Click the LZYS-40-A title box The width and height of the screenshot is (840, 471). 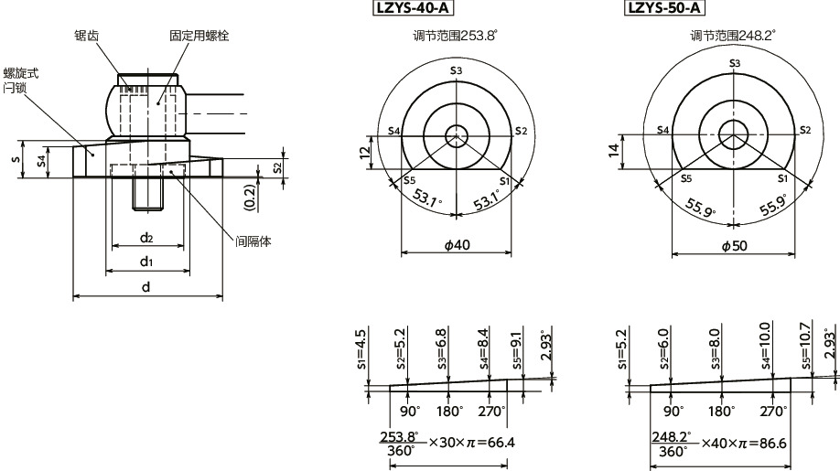[x=413, y=9]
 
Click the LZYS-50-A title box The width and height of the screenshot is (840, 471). [x=664, y=9]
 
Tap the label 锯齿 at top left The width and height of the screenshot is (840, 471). [x=88, y=36]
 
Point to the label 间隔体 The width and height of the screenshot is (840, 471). [x=253, y=241]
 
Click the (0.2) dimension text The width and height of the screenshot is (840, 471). [x=250, y=195]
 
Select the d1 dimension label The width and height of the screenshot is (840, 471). [x=145, y=262]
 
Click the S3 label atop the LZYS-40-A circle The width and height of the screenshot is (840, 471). [x=456, y=70]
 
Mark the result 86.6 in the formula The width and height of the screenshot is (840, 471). [x=773, y=443]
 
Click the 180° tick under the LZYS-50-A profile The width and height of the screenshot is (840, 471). [x=721, y=411]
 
